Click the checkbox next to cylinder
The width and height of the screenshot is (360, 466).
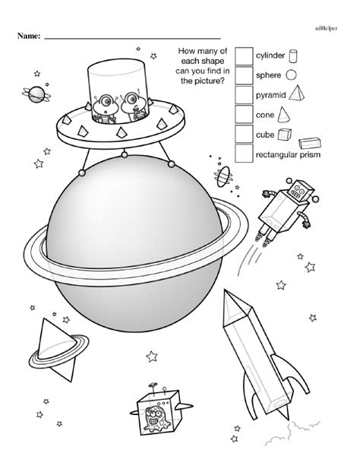pos(243,56)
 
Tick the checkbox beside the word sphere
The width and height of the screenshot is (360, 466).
pos(243,75)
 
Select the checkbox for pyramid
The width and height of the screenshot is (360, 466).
pos(243,95)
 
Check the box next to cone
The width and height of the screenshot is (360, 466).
pos(243,115)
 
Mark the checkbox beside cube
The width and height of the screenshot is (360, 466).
pos(243,134)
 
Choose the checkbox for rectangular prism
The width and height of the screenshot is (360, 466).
pos(243,154)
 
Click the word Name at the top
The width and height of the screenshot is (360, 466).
pos(26,36)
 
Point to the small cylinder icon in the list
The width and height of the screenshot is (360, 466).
pos(293,55)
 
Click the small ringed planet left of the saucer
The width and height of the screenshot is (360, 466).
pos(36,94)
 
